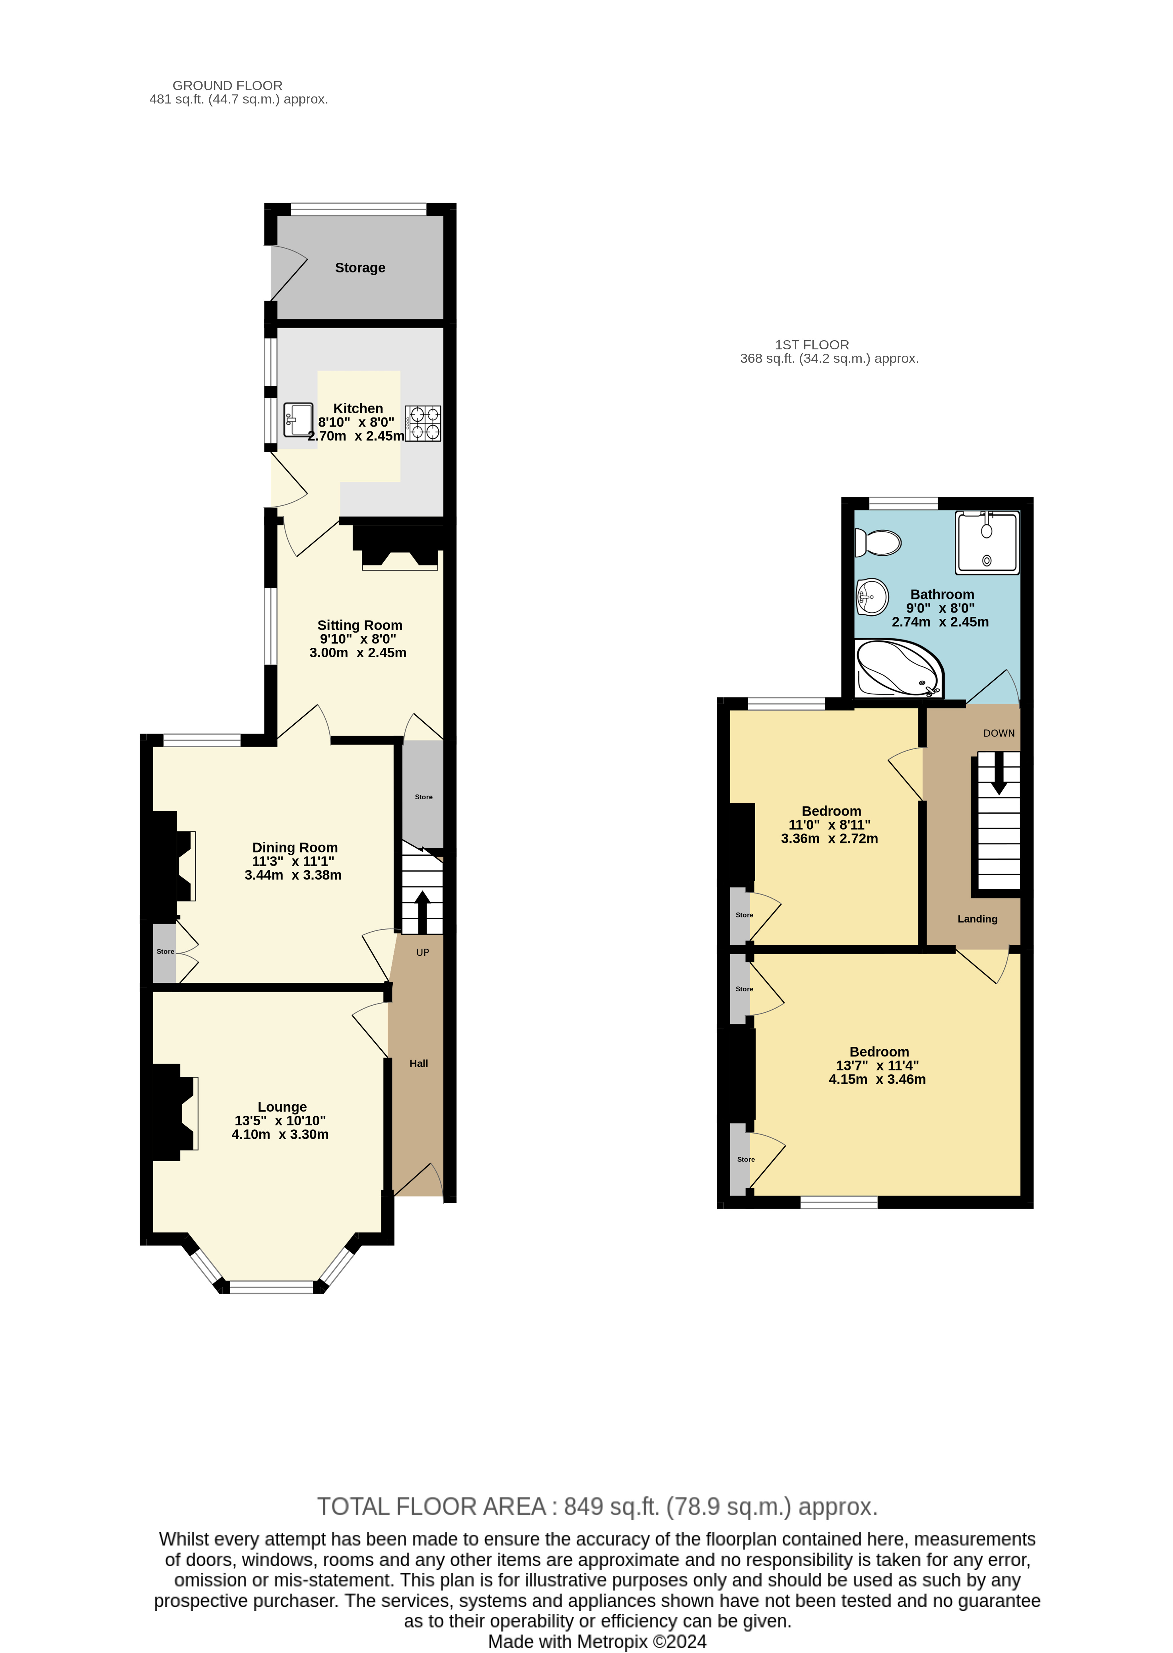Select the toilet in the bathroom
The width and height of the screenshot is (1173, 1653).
[x=878, y=542]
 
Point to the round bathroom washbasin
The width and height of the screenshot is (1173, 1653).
[x=872, y=597]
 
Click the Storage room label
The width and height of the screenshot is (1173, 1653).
[x=360, y=268]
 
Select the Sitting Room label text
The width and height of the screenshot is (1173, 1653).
[x=360, y=625]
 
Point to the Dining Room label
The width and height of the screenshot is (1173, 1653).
[x=295, y=848]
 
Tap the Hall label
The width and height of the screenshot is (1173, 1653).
[x=419, y=1064]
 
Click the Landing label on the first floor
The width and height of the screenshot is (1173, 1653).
[x=977, y=919]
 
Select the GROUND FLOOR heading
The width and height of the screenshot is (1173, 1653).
[x=227, y=85]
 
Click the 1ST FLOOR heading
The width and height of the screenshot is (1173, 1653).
[x=812, y=345]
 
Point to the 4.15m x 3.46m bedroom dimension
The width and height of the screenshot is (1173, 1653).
[x=877, y=1080]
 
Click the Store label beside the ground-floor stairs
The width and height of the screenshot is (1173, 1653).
[x=424, y=797]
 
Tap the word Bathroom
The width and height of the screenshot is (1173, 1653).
[x=942, y=594]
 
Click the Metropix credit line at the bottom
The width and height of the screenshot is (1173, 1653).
[x=597, y=1642]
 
